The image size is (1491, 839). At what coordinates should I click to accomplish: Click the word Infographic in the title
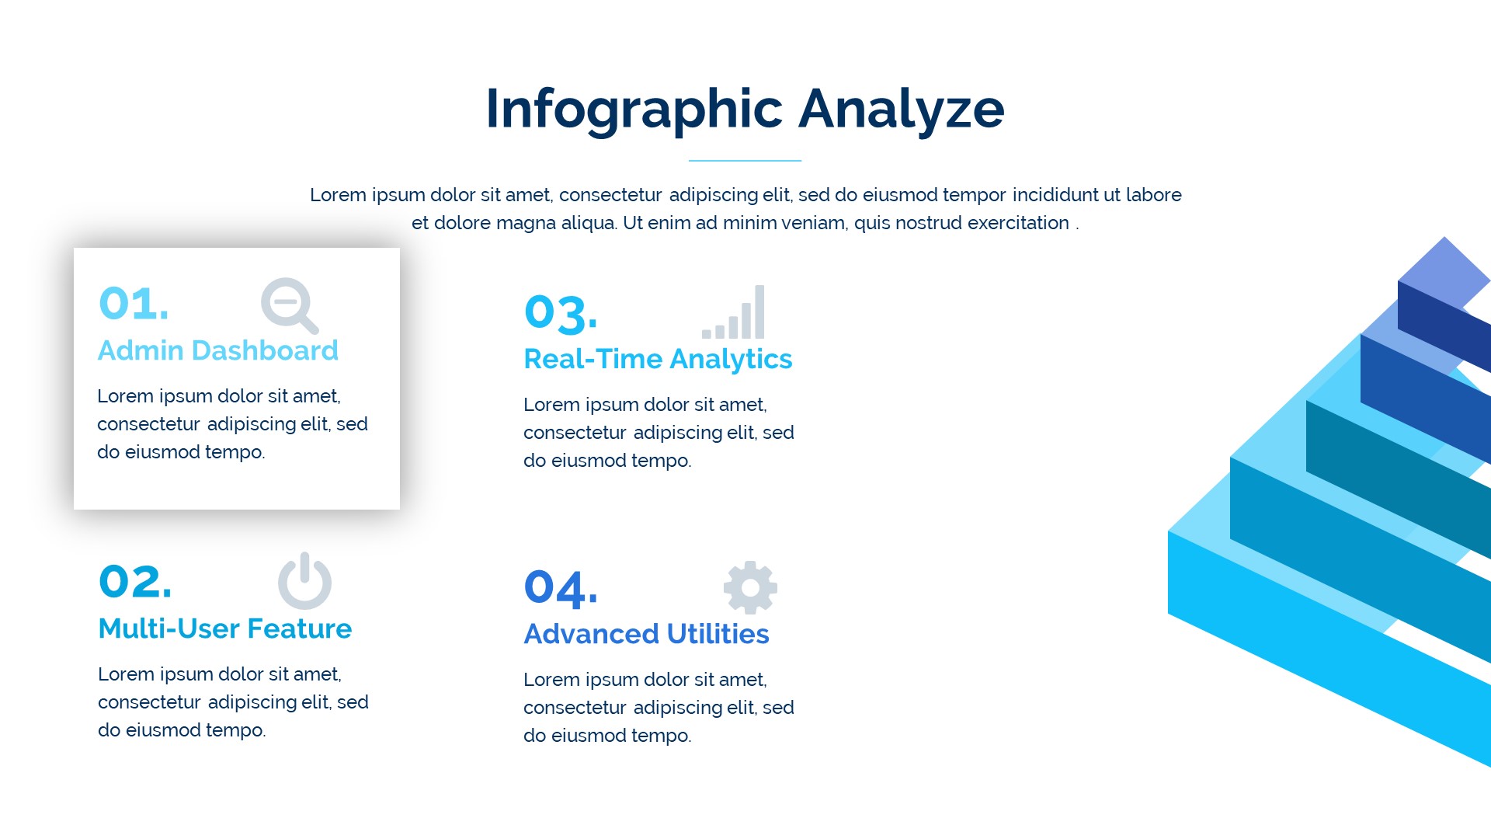click(634, 110)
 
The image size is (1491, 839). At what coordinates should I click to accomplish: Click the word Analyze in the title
click(902, 110)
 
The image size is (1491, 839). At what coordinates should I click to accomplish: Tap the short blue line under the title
click(745, 161)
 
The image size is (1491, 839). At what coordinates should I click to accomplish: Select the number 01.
click(134, 303)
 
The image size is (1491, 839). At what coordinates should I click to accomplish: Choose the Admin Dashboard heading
click(218, 350)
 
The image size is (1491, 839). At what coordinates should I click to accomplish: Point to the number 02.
click(135, 581)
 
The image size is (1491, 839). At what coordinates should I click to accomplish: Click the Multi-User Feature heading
click(225, 628)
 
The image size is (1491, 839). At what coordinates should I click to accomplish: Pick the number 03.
click(561, 312)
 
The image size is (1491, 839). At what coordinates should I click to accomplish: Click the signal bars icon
click(733, 312)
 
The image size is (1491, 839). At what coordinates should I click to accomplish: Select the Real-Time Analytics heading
click(659, 359)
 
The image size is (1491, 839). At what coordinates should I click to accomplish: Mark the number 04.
click(561, 588)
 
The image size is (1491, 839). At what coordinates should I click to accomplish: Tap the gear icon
click(750, 587)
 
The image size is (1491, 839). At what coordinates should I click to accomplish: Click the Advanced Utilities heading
click(647, 634)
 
